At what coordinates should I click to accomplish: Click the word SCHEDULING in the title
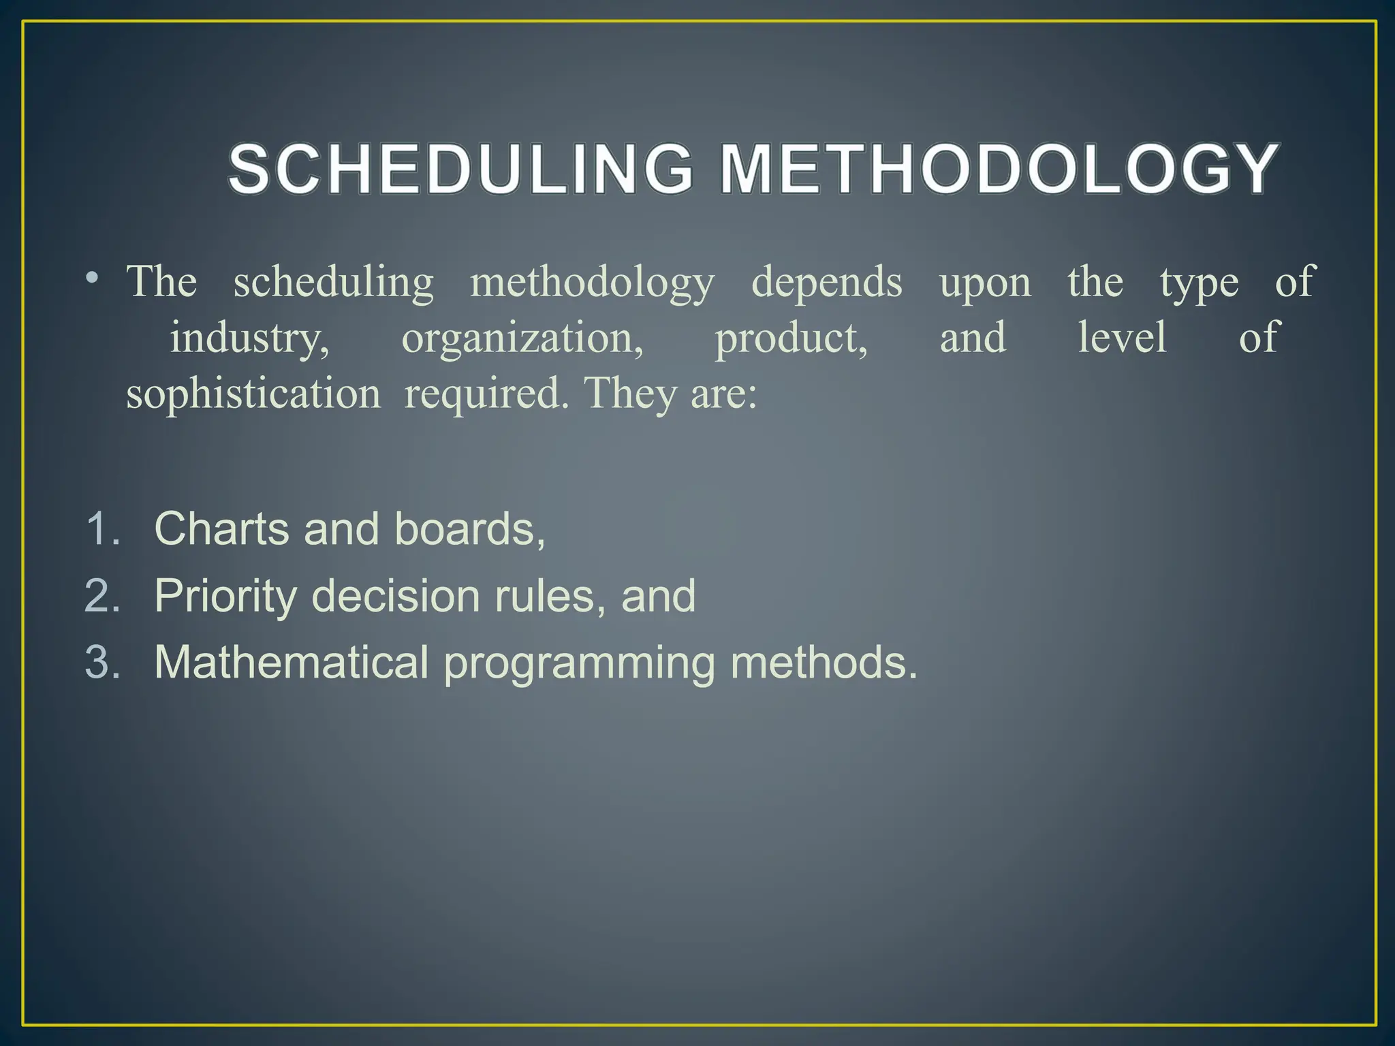(461, 169)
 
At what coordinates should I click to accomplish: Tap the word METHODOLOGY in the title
(999, 169)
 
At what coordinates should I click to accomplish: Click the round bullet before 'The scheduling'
(93, 278)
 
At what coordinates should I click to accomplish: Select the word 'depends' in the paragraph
(826, 282)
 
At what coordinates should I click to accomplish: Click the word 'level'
(1122, 338)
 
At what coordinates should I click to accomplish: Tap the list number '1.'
(103, 528)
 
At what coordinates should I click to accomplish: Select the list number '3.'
(103, 662)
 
